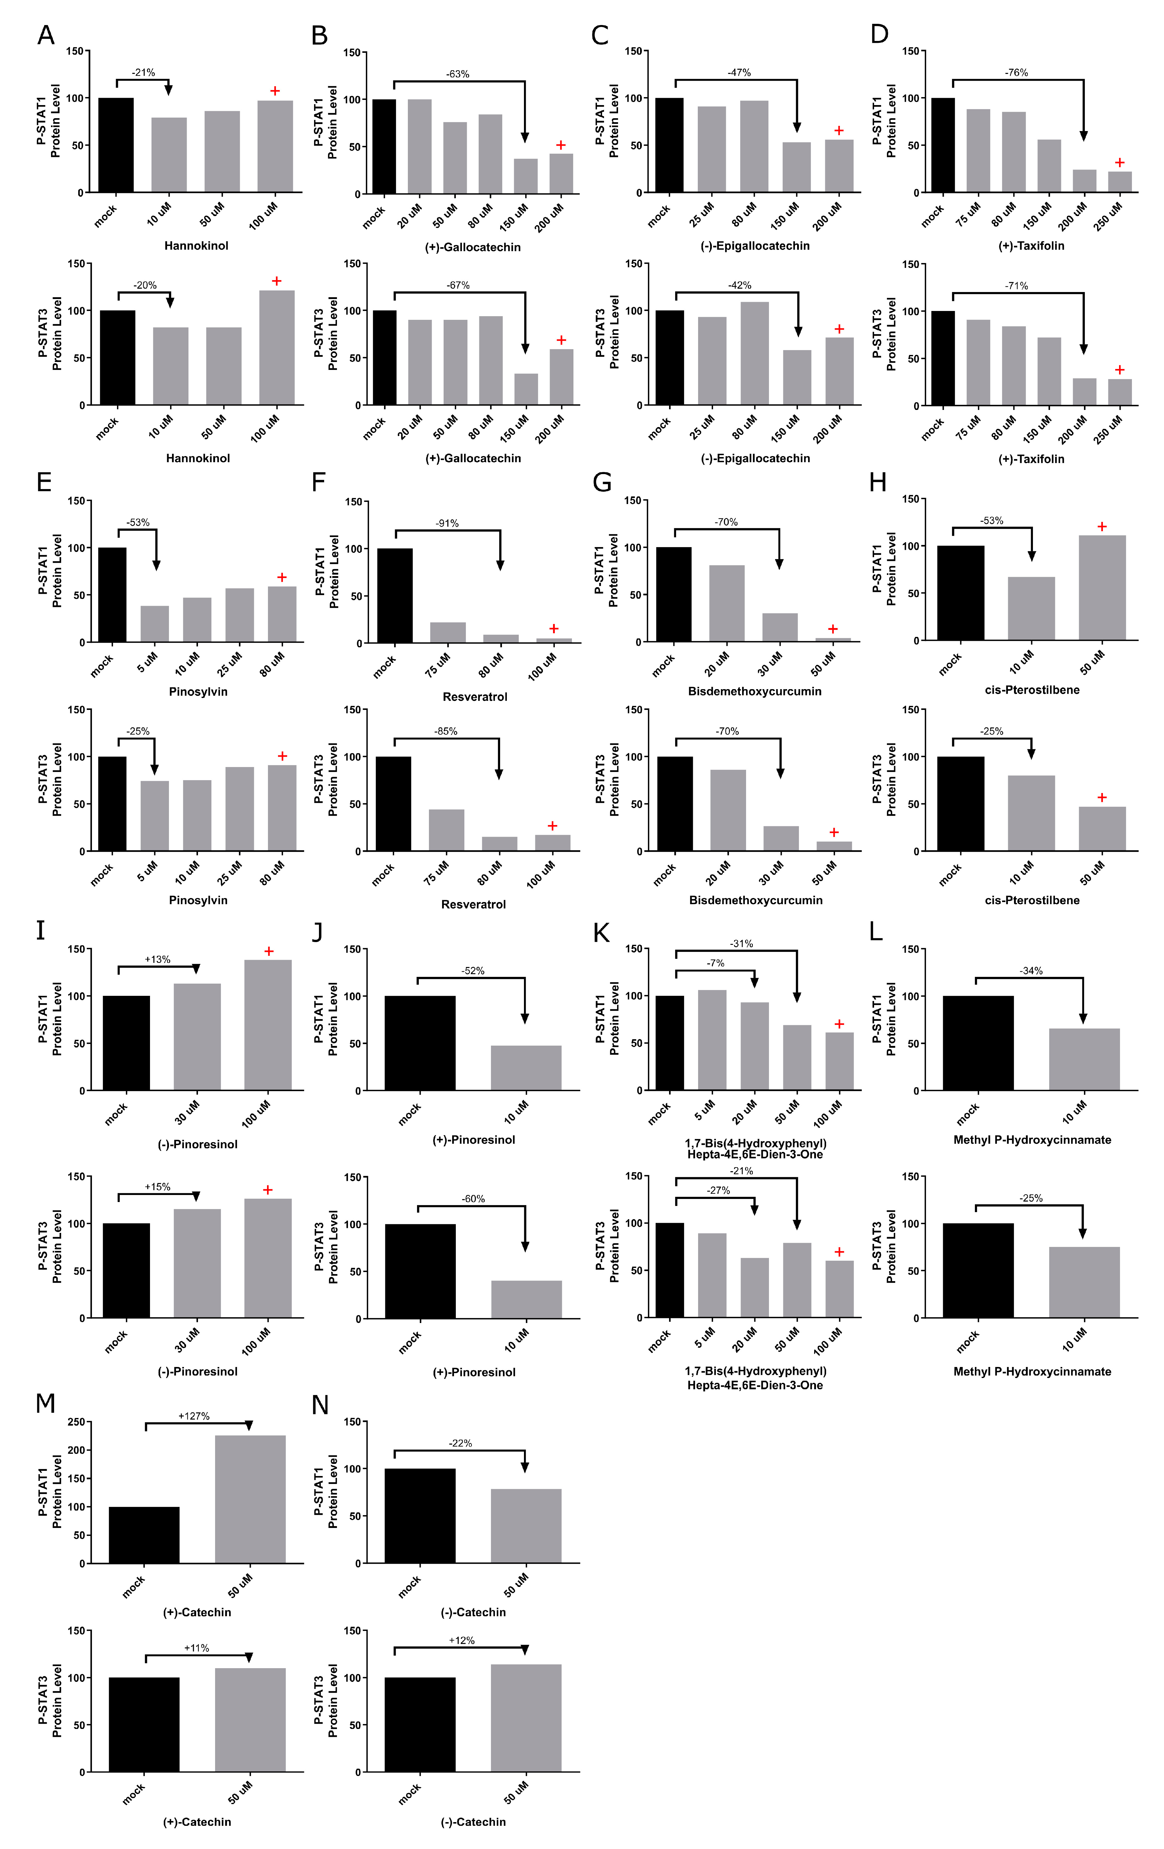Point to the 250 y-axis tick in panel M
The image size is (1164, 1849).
pos(76,1422)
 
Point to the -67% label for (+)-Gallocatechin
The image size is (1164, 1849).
pos(458,285)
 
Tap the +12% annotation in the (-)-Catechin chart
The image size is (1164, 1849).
pos(461,1640)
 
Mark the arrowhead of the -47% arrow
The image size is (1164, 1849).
pos(797,127)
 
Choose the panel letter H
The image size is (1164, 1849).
pos(878,482)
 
